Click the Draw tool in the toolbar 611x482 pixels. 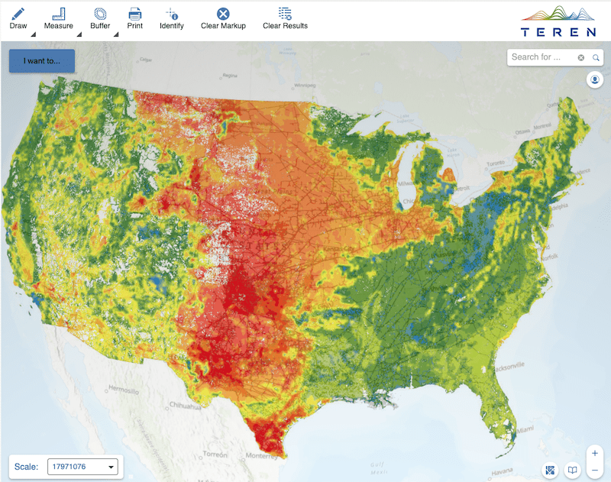[18, 17]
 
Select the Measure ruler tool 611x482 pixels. [58, 17]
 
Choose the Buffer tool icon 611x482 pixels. [100, 17]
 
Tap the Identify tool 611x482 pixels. [172, 17]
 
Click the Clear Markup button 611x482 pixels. [222, 17]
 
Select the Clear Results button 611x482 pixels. [285, 17]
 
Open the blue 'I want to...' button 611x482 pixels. [42, 61]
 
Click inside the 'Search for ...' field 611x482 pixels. [541, 57]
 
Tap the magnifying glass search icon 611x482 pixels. [596, 57]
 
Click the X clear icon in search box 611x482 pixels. [580, 57]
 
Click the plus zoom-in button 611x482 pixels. [594, 453]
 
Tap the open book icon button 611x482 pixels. [571, 470]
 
